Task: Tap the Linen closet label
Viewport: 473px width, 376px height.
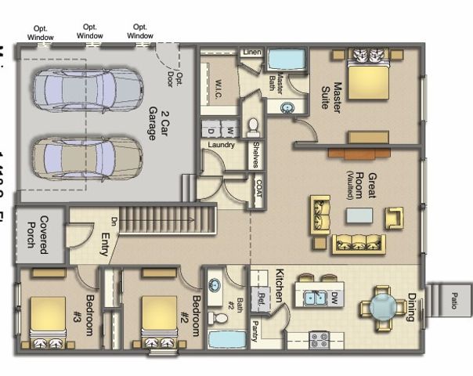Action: coord(251,52)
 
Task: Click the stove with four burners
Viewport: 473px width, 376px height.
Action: coord(319,341)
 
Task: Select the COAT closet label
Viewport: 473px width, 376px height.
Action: coord(258,189)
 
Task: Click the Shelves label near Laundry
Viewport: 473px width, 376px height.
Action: coord(257,154)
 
